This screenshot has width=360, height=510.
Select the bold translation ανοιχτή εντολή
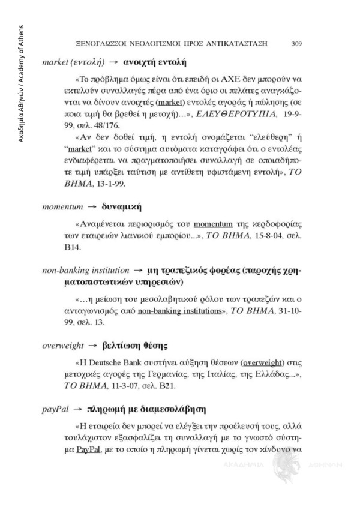click(155, 62)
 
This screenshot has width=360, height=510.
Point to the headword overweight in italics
click(62, 346)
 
